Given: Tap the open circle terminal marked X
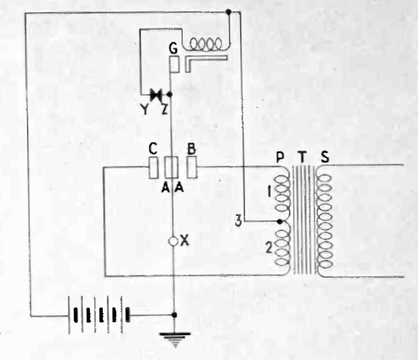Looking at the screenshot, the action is click(174, 242).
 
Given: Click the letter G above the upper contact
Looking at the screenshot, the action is click(174, 49).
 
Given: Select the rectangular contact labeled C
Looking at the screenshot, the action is click(153, 167).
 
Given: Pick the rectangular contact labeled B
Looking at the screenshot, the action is click(192, 167).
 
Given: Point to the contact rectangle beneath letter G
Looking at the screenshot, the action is click(174, 64).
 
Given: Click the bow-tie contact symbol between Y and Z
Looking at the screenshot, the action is click(156, 94).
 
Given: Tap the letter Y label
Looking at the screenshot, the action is click(145, 109).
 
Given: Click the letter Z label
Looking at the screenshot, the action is click(165, 109).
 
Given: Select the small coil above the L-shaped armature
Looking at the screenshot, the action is click(205, 44).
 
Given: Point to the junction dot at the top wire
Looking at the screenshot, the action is click(228, 12).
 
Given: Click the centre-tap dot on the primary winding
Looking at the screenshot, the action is click(280, 221).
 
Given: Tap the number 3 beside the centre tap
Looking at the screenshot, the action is click(238, 221).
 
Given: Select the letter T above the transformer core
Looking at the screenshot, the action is click(302, 157).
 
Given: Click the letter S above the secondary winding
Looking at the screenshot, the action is click(325, 157).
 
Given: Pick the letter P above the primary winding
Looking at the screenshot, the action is click(280, 157).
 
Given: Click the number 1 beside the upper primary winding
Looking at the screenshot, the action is click(269, 192).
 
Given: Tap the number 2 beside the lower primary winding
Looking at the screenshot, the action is click(269, 248).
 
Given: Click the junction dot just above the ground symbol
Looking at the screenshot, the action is click(174, 315).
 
